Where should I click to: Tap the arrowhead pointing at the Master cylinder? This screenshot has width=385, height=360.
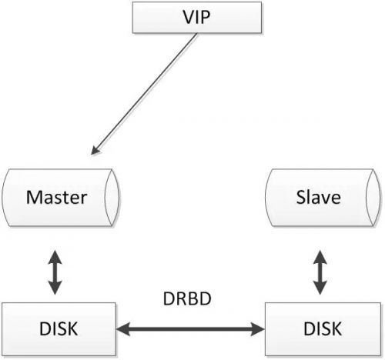(x=95, y=150)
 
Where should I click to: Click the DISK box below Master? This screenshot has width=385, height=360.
(x=59, y=330)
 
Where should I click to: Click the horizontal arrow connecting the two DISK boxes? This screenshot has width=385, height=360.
(x=189, y=330)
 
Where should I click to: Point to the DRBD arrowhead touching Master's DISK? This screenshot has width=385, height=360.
(x=123, y=330)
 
